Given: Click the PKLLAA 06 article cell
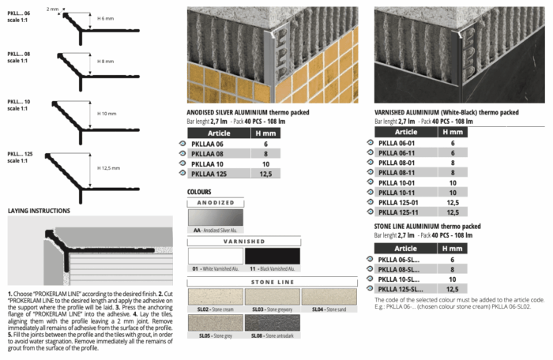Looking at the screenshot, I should [212, 144].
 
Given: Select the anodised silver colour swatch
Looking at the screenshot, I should [216, 216].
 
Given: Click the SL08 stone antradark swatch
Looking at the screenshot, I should [273, 321].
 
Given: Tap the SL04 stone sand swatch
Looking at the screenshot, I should [330, 296].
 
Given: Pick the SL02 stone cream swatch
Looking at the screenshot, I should [215, 296].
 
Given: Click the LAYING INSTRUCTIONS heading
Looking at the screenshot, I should [39, 211].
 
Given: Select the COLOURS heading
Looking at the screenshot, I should [198, 191].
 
